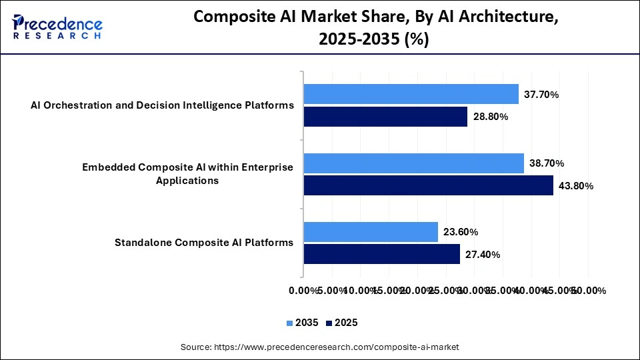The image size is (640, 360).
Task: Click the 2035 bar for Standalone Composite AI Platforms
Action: pos(371,232)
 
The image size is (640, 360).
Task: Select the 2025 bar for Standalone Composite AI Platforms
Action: pos(382,254)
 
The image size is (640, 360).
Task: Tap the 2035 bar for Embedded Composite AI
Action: pos(414,163)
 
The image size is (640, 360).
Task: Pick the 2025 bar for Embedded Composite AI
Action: pos(429,185)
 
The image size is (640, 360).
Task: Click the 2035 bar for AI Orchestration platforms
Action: pos(411,94)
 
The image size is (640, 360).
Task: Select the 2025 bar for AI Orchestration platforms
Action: pos(386,117)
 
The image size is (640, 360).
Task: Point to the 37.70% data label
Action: pos(541,95)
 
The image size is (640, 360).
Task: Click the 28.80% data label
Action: pos(491,117)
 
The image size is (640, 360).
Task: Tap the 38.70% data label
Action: pos(547,163)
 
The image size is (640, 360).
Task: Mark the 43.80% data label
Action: pos(576,186)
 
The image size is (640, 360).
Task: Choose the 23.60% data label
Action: pos(461,233)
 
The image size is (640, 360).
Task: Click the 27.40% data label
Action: pos(483,255)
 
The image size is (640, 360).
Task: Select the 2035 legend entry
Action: pos(303,323)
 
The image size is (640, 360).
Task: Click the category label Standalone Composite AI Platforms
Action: pos(204,243)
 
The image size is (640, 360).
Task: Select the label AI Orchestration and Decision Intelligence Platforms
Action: pos(162,105)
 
